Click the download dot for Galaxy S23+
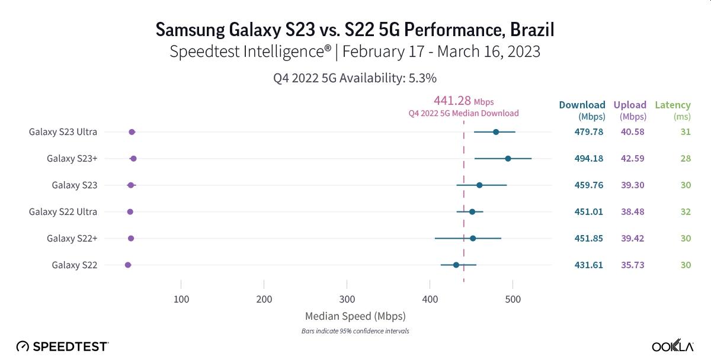tap(508, 159)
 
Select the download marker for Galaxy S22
tap(456, 265)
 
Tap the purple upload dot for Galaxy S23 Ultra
tap(132, 132)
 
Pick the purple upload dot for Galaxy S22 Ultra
tap(130, 211)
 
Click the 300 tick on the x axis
tap(347, 299)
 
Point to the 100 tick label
tap(181, 299)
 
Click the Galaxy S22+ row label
tap(72, 238)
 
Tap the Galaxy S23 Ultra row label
tap(63, 132)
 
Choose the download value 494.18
tap(588, 159)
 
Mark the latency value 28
tap(686, 159)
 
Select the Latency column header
tap(672, 105)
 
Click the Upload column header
tap(630, 105)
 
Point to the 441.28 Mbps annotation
tap(463, 101)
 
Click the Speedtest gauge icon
tap(22, 346)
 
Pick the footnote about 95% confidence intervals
tap(355, 331)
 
